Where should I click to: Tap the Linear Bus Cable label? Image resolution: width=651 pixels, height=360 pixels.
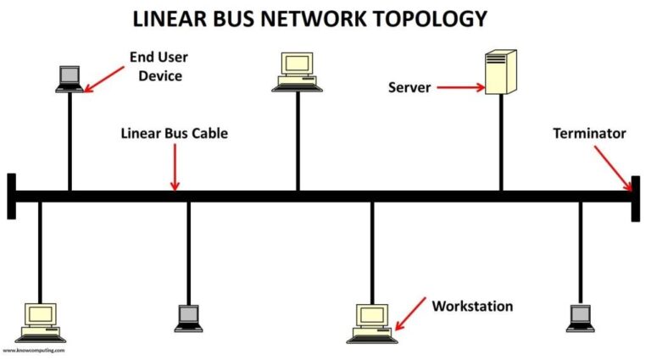[x=175, y=134]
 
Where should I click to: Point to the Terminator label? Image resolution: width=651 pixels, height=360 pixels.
[x=589, y=134]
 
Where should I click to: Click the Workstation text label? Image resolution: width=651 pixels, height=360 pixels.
[x=472, y=306]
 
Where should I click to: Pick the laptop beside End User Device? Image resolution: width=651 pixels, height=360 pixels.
[x=69, y=78]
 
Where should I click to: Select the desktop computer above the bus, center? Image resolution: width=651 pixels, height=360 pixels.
[x=297, y=70]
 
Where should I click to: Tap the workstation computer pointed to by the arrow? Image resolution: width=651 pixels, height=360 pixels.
[x=371, y=321]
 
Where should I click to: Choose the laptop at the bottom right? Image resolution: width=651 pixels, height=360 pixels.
[x=580, y=317]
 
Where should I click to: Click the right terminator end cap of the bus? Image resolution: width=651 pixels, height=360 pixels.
[x=636, y=197]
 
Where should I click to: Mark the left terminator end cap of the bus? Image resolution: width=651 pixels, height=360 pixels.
[x=11, y=197]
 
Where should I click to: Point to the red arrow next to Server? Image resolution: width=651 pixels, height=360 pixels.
[x=463, y=87]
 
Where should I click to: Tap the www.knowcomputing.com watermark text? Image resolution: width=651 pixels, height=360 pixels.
[x=33, y=350]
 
